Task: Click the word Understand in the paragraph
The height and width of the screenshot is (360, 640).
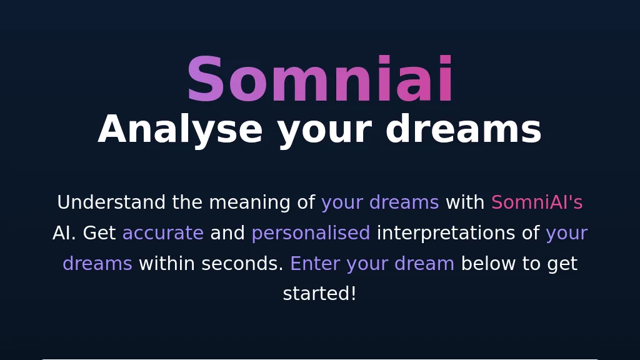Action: (x=111, y=202)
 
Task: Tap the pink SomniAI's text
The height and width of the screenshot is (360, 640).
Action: (x=536, y=202)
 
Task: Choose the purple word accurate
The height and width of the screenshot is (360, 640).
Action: (x=162, y=233)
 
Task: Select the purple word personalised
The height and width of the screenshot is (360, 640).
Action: (x=311, y=233)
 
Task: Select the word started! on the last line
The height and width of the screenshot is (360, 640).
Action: (x=320, y=294)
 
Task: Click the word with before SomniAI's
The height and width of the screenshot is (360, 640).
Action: (x=465, y=202)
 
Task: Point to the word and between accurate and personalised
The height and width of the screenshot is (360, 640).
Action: (x=227, y=233)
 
